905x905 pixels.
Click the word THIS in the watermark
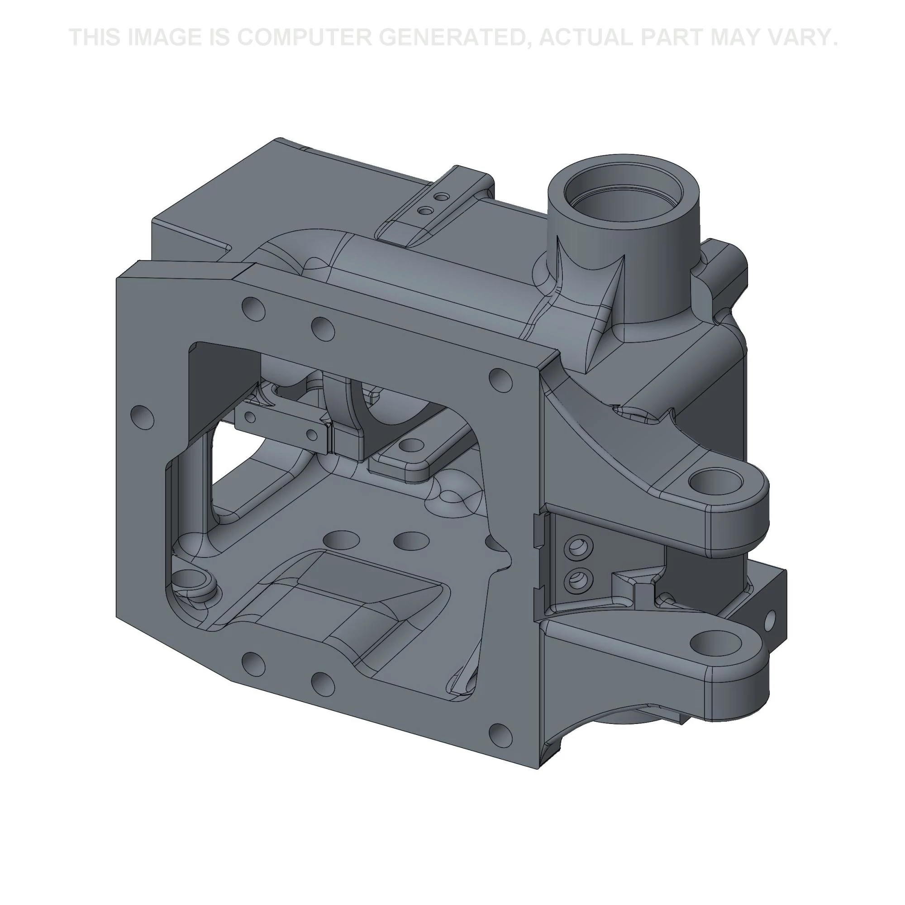click(x=95, y=37)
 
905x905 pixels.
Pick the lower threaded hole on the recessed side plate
click(x=579, y=580)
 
